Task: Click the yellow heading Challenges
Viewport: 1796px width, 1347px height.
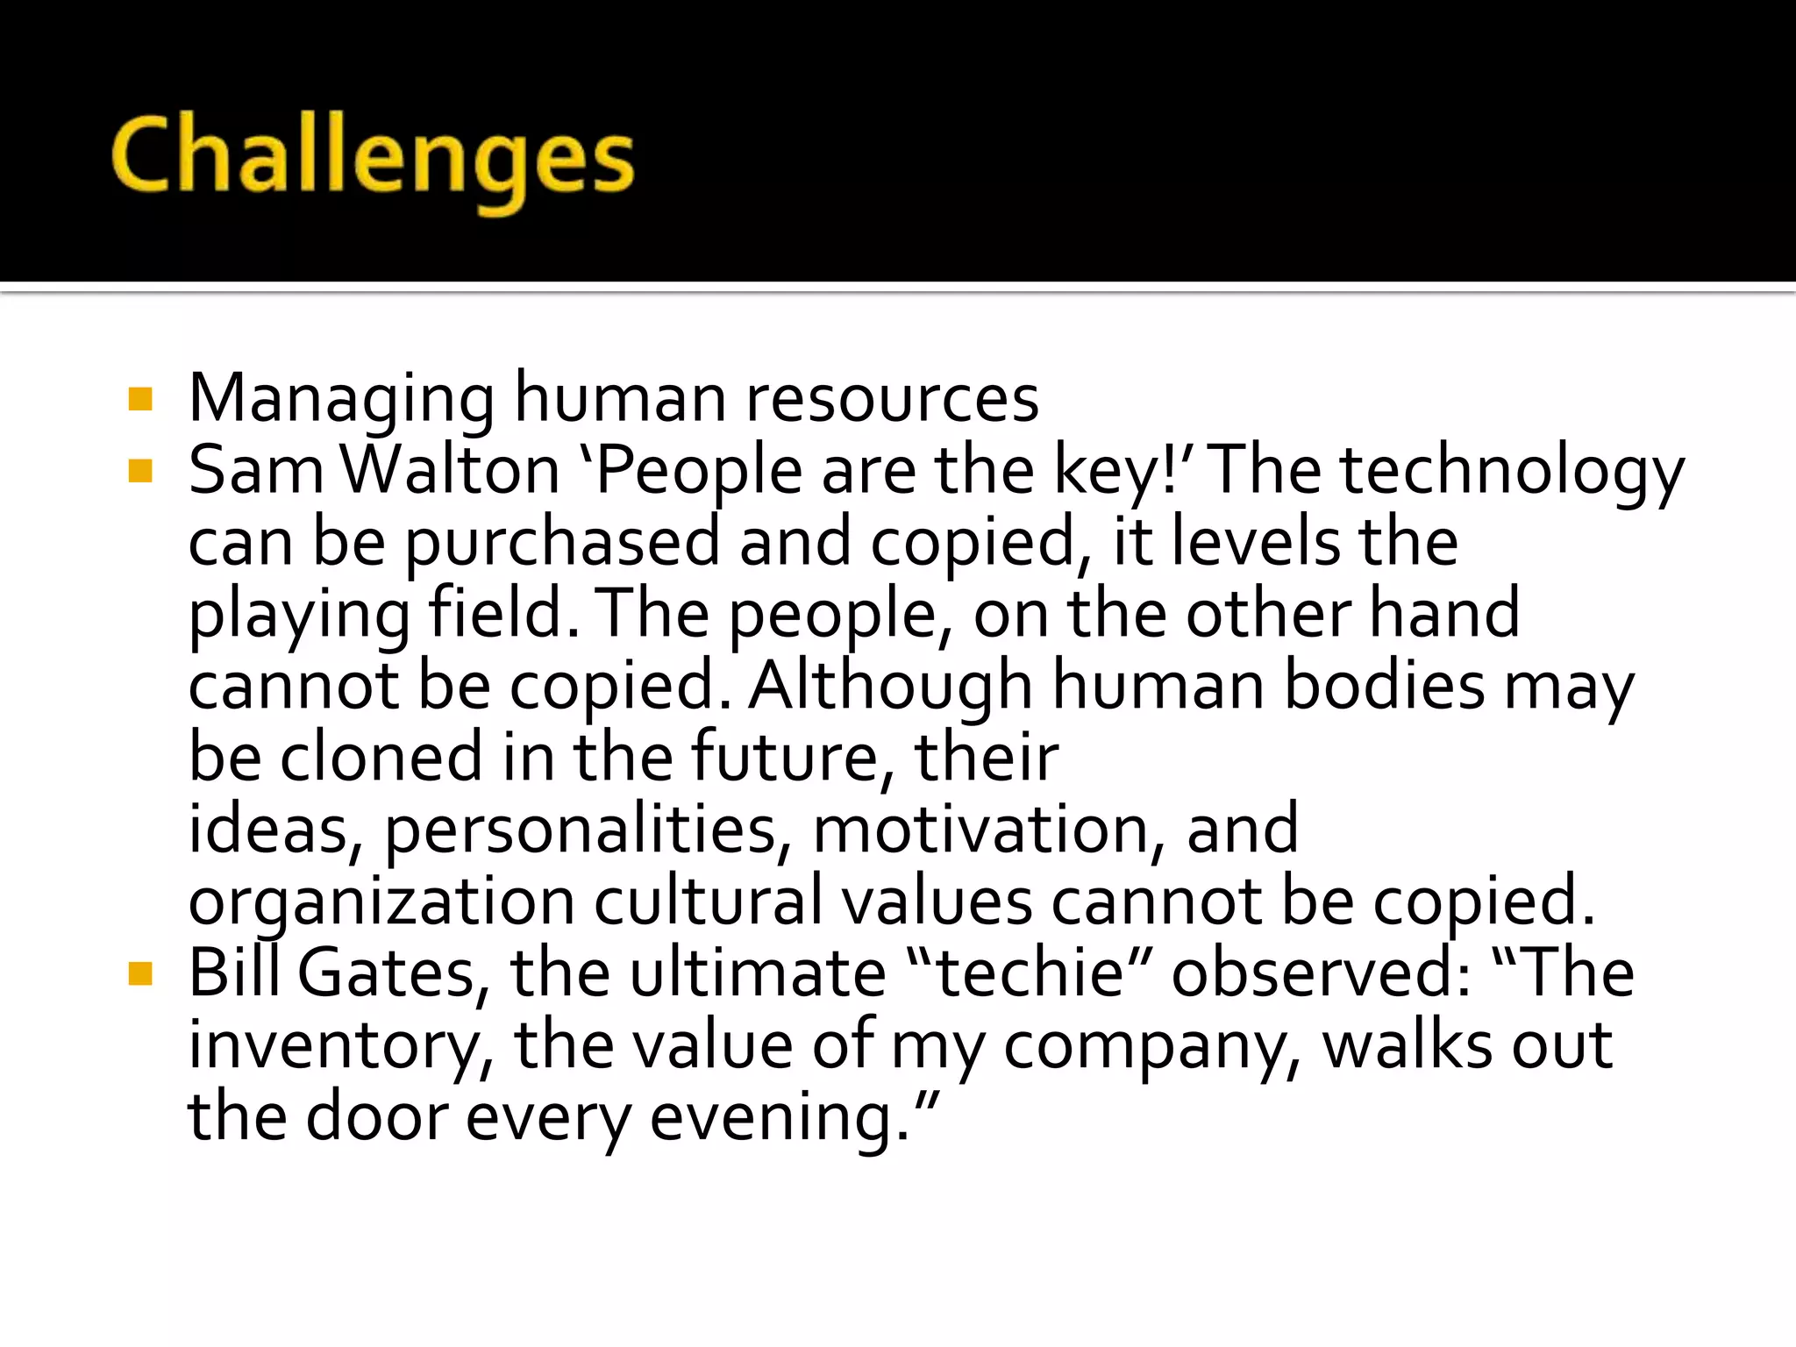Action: pos(373,158)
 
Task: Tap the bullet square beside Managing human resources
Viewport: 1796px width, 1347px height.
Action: pos(140,400)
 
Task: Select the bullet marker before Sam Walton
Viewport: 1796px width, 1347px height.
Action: pos(140,472)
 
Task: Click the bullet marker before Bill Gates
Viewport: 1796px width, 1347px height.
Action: pos(140,974)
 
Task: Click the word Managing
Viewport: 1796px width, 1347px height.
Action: pos(342,400)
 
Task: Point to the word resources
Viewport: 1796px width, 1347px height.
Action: pos(892,400)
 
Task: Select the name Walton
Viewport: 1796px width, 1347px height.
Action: pos(450,472)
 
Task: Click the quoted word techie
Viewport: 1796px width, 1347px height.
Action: pos(1030,974)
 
